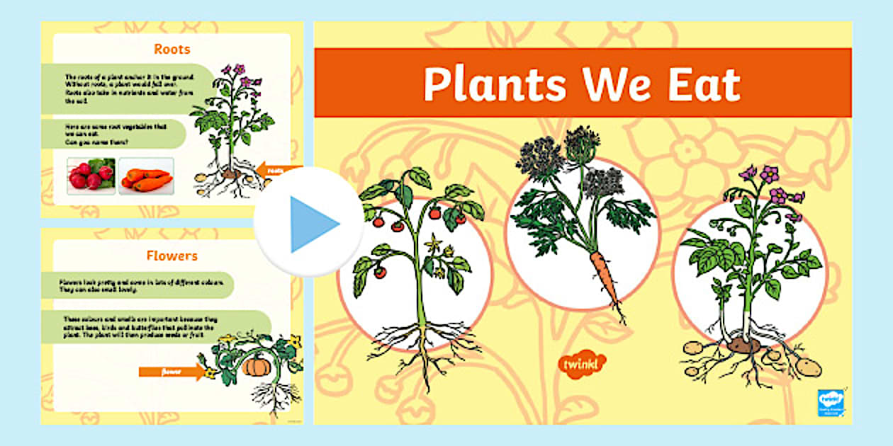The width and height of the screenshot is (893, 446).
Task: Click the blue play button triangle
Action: [x=312, y=224]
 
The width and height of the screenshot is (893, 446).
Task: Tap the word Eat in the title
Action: [x=704, y=84]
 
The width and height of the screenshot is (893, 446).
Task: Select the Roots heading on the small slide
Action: [x=172, y=50]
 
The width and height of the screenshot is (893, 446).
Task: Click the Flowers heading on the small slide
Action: [x=172, y=256]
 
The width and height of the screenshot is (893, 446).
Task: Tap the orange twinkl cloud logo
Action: [x=582, y=364]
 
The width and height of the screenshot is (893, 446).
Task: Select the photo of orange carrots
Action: [x=145, y=177]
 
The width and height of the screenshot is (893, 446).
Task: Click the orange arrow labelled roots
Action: [x=276, y=170]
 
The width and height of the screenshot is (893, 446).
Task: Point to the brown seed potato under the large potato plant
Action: [x=743, y=345]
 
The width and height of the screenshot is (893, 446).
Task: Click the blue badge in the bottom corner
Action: [x=829, y=401]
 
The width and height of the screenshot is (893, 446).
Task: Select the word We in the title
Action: [x=612, y=84]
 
